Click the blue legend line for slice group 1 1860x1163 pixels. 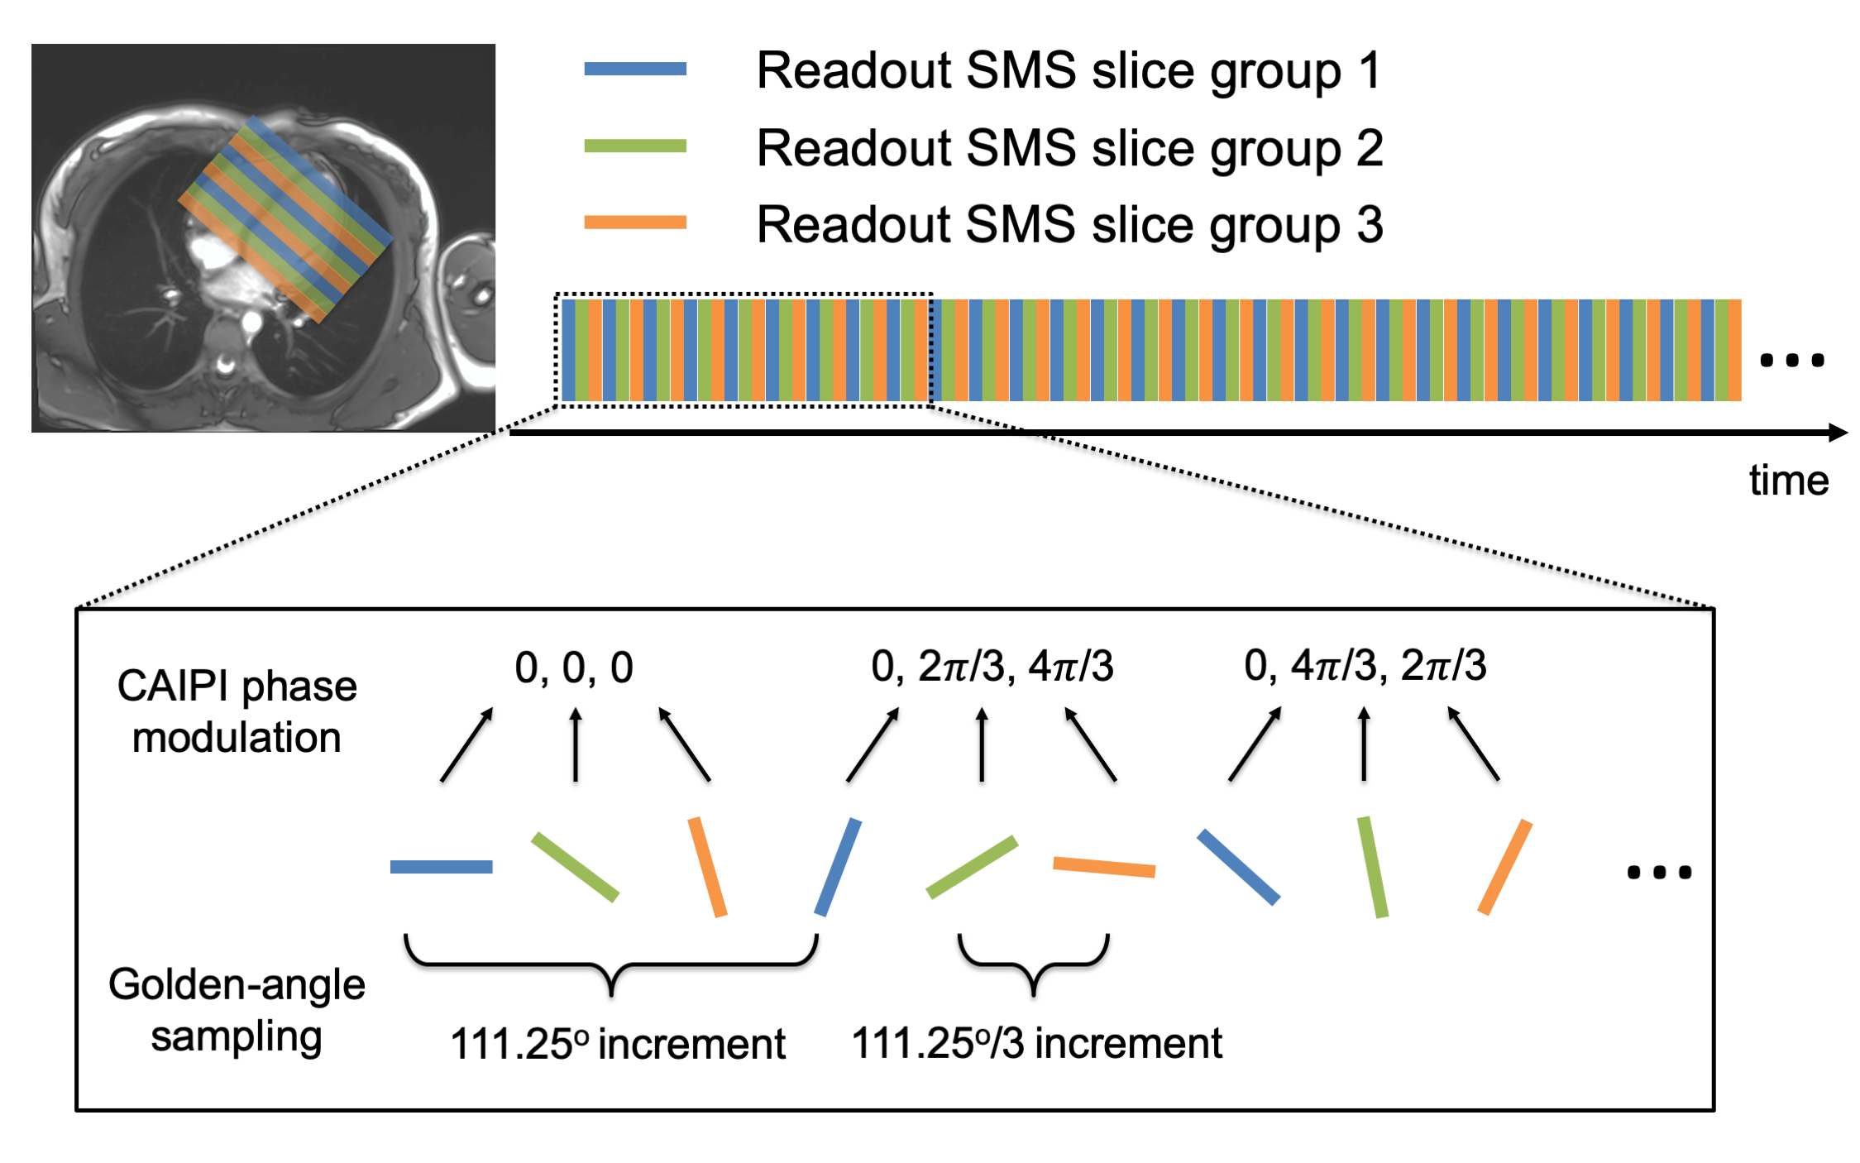[634, 69]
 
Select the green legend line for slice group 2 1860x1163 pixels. [634, 146]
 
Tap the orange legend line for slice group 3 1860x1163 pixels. [634, 222]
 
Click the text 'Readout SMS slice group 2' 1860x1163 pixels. [1069, 148]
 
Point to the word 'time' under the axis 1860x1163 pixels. [1788, 481]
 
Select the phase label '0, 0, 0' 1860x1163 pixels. [574, 667]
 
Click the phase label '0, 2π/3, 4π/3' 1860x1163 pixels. [992, 667]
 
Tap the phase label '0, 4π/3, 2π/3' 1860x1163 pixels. [1365, 666]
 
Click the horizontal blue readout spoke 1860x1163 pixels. [441, 867]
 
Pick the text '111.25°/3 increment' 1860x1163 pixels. [1036, 1043]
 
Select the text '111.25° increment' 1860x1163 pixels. [617, 1044]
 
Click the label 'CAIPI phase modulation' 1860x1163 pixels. [237, 711]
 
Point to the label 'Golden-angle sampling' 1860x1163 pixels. [237, 1010]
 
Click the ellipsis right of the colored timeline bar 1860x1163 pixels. [1791, 360]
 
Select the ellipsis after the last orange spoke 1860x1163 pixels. [1658, 872]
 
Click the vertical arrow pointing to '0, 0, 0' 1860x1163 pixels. [576, 744]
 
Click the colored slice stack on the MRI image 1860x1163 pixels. [285, 219]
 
